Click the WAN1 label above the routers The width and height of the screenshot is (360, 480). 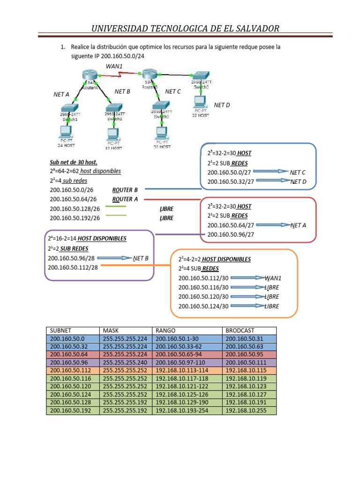pos(114,67)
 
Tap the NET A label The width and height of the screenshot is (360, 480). pos(61,94)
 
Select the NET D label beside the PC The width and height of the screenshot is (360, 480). pos(222,105)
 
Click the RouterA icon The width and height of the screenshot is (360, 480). pos(88,75)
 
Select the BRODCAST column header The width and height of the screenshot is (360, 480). pos(239,330)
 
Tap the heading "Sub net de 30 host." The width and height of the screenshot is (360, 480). pos(74,162)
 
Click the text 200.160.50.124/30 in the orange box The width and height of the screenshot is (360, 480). pos(203,306)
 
